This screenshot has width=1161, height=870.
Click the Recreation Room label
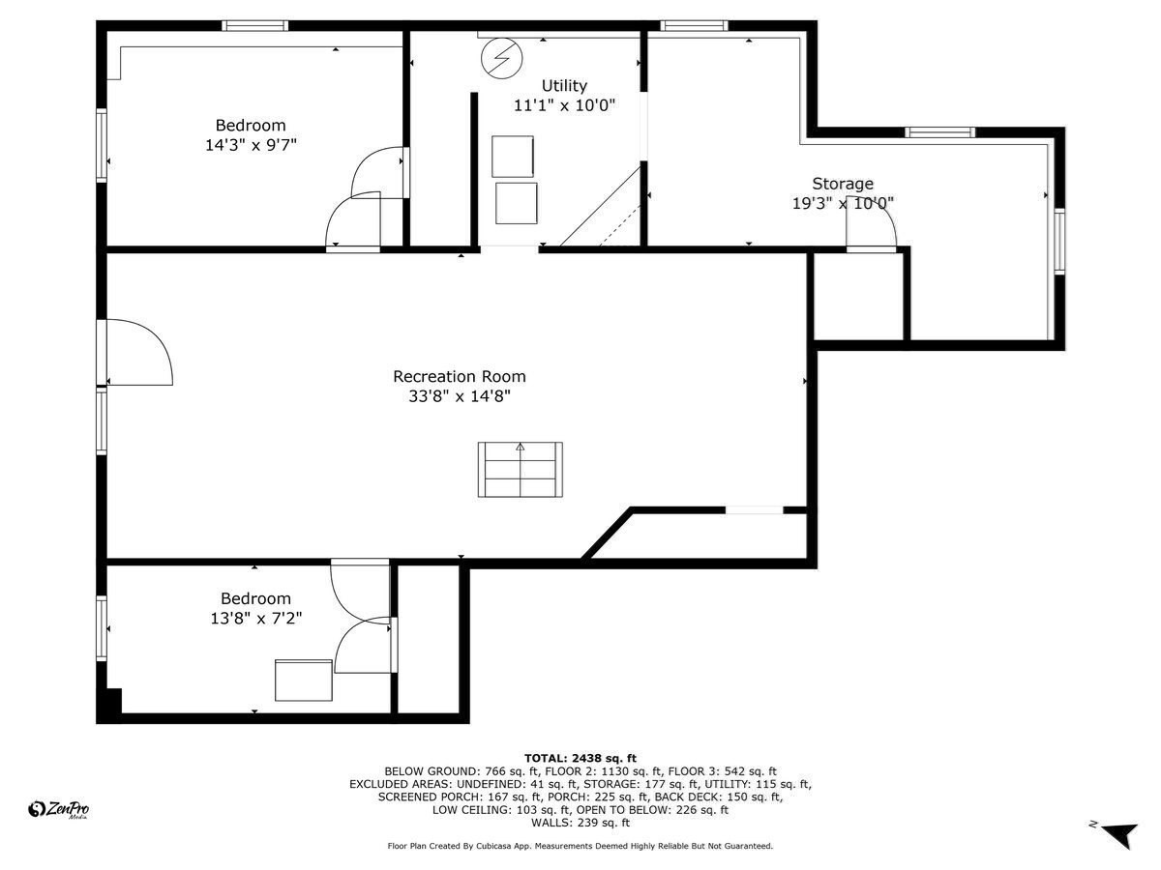pos(459,376)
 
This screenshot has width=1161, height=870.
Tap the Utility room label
pos(563,86)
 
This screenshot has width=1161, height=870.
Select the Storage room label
pos(842,184)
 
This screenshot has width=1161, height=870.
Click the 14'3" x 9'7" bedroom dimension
pos(250,145)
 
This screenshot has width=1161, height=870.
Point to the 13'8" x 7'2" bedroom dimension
pos(255,619)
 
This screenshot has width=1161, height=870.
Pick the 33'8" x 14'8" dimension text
pos(459,396)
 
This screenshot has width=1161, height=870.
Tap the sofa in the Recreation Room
pos(520,470)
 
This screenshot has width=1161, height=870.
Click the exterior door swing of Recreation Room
pos(138,352)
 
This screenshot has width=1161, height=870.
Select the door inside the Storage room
pos(872,229)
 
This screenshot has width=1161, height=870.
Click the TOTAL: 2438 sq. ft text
pos(580,758)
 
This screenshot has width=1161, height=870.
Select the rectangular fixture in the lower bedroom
pos(303,680)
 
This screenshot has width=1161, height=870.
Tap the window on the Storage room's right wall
pos(1059,242)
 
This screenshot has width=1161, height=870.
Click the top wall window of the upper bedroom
pos(254,25)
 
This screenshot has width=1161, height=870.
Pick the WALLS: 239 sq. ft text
pos(580,824)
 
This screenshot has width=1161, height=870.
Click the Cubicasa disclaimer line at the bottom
pos(580,846)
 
